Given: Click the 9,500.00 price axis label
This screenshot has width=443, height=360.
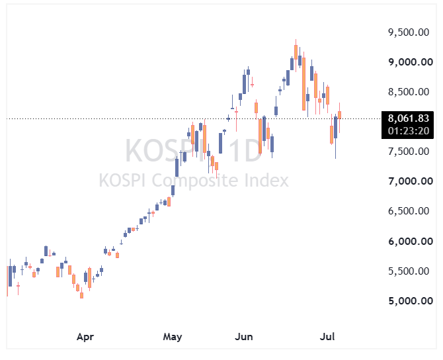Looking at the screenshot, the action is [x=409, y=32].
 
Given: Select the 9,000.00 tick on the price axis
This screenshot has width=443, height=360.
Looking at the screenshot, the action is [x=411, y=62].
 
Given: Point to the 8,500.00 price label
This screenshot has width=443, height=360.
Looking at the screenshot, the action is [x=409, y=91].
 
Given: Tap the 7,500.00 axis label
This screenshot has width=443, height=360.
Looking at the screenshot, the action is [x=409, y=152].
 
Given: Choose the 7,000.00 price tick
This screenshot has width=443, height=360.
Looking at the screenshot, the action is [x=411, y=181].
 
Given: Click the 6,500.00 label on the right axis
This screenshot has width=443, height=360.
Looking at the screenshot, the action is [x=409, y=210].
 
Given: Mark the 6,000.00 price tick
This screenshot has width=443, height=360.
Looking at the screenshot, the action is [x=411, y=241].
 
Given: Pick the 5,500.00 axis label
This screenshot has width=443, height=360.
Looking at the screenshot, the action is [x=409, y=271].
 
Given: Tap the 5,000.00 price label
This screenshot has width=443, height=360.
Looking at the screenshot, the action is [x=411, y=300].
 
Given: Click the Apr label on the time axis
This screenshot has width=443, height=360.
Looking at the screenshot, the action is [x=85, y=337].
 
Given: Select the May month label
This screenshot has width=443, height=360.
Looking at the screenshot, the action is [x=173, y=337].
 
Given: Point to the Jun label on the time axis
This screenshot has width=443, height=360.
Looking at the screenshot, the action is [x=243, y=337].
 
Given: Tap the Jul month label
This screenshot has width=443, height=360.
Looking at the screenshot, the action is [x=327, y=337].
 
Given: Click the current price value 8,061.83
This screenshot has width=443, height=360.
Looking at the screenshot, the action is [x=408, y=118].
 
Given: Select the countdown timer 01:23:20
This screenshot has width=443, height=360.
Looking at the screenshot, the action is [x=408, y=131].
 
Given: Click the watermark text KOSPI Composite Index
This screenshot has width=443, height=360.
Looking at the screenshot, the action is [x=194, y=180].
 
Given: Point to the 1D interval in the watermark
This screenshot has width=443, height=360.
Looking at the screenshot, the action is [x=245, y=150].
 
